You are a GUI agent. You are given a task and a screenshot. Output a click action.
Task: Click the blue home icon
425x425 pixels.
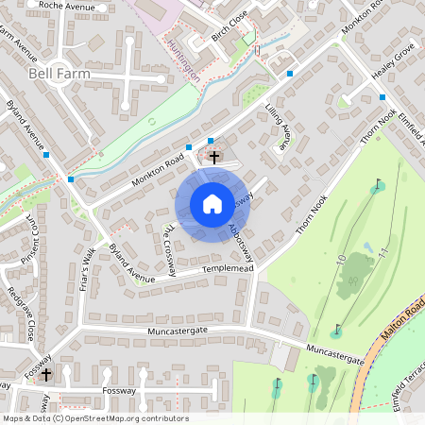coord(212,204)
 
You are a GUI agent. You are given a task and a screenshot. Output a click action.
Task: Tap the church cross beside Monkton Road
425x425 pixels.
coord(214,157)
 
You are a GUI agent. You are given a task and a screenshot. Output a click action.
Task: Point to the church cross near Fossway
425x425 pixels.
coord(45,375)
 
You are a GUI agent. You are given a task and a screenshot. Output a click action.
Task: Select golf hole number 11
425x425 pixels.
coord(382,253)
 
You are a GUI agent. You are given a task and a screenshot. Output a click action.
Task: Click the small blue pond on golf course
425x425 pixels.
coord(367,247)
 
